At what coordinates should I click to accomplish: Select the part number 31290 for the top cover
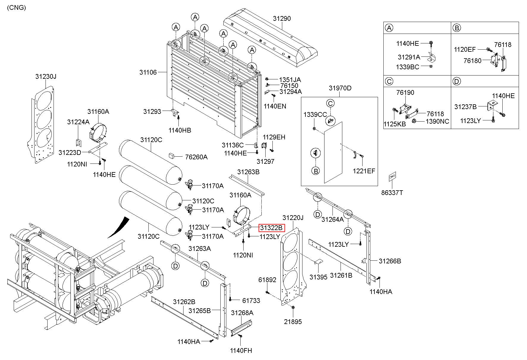[282, 18]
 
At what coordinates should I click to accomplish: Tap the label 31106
[148, 72]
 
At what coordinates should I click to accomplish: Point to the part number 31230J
[46, 76]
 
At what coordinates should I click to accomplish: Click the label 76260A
[196, 157]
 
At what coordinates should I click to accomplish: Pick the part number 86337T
[392, 193]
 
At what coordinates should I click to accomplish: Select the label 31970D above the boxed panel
[340, 88]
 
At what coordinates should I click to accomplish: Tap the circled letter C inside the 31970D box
[330, 103]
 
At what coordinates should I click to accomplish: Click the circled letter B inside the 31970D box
[316, 171]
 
